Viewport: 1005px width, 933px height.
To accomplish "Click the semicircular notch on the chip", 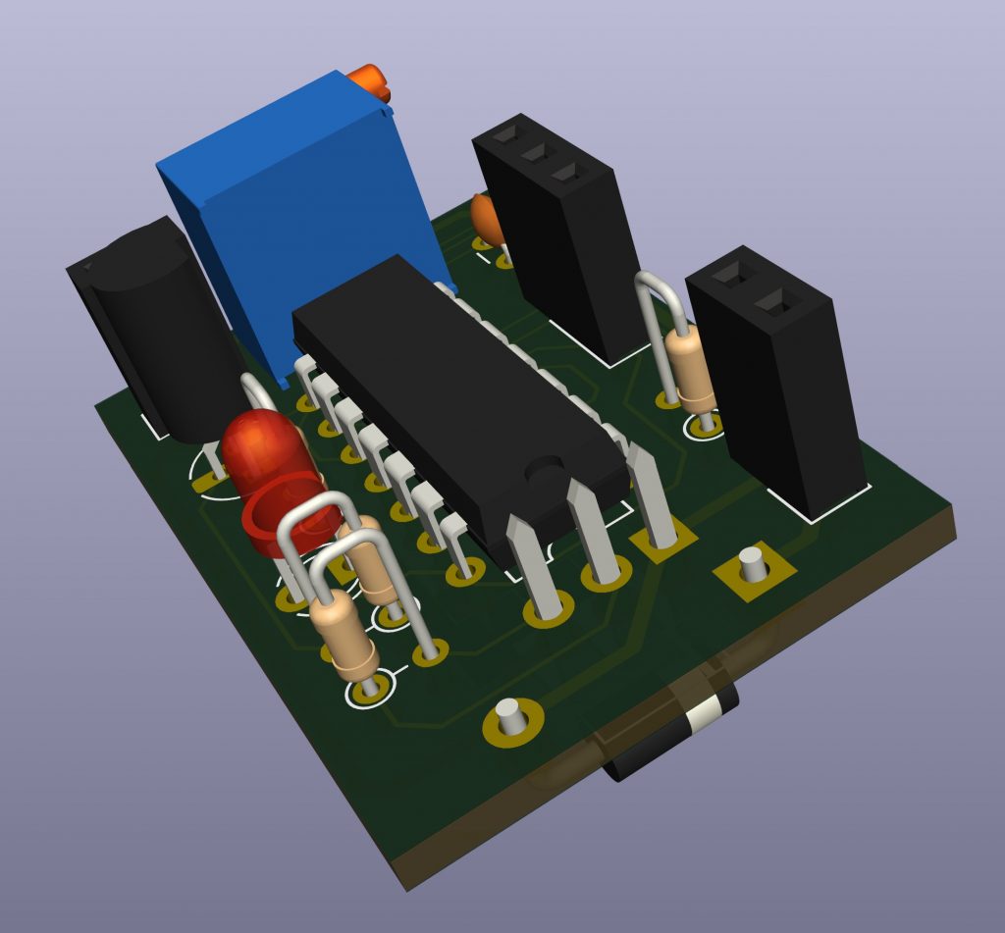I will coord(543,472).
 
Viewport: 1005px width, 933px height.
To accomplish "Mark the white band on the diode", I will coord(704,719).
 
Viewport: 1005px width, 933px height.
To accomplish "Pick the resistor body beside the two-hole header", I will coord(691,369).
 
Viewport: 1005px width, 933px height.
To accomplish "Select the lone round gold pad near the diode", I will coord(511,721).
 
